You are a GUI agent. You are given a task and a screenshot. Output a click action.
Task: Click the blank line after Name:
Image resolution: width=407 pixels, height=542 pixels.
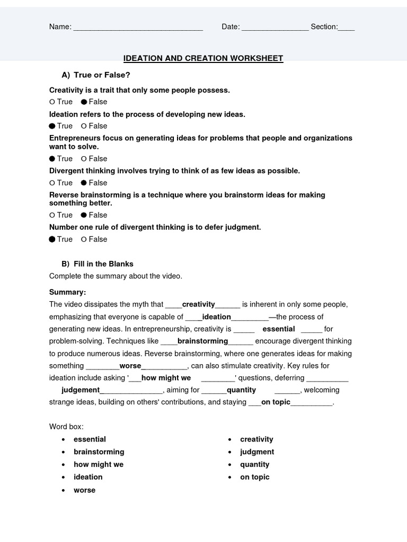[138, 28]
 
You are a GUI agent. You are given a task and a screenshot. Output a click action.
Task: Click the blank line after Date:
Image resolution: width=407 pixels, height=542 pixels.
[275, 28]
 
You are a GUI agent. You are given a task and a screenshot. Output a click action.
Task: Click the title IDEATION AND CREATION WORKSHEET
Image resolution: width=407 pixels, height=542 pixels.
[203, 58]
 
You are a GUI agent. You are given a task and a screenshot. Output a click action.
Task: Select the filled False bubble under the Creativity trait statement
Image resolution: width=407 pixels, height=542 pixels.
[84, 102]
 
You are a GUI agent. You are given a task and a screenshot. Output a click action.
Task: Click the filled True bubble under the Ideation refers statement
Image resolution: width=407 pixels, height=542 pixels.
[52, 126]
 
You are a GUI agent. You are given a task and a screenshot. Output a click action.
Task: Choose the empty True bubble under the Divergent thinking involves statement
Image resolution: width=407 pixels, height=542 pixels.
[52, 183]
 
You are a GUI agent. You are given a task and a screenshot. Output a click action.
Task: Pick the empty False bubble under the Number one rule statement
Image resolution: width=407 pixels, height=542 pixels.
[84, 239]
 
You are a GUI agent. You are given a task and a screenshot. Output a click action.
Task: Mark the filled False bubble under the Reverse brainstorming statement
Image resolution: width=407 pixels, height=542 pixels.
[84, 215]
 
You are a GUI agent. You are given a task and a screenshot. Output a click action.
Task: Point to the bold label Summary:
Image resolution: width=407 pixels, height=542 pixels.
[67, 292]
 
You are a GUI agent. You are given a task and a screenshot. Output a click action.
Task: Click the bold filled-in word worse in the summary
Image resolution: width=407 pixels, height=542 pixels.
[130, 366]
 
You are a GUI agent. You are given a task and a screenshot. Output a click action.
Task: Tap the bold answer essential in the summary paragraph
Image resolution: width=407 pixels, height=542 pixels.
[279, 329]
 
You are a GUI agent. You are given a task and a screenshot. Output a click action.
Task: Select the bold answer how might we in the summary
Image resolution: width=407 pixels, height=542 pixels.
[166, 378]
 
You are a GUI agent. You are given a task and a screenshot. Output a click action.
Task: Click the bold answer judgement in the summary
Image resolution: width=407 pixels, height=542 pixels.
[81, 390]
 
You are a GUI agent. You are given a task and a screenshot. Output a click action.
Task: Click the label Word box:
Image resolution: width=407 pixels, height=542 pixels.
[66, 426]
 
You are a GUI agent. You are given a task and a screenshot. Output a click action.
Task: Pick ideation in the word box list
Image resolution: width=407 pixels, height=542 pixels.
[88, 477]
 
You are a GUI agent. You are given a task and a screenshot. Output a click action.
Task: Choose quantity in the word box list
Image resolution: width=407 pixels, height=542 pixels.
[254, 464]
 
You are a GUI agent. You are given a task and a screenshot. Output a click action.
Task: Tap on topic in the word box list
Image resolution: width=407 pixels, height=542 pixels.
[254, 477]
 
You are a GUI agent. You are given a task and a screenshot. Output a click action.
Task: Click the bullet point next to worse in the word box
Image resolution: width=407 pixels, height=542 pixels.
[63, 490]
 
